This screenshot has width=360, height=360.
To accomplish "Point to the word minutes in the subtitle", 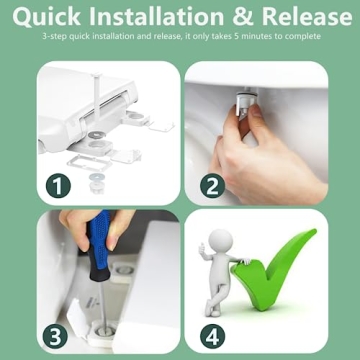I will tap(248, 36).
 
